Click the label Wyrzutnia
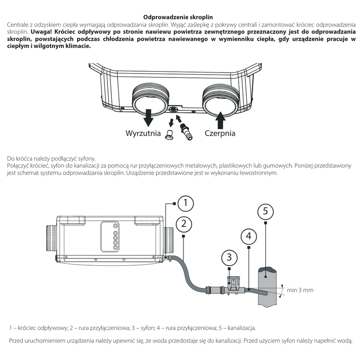tap(143, 133)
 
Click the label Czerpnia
tap(220, 133)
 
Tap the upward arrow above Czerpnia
tap(220, 118)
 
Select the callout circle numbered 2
tap(183, 224)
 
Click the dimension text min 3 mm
tap(300, 290)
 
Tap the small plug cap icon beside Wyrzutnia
tap(169, 135)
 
